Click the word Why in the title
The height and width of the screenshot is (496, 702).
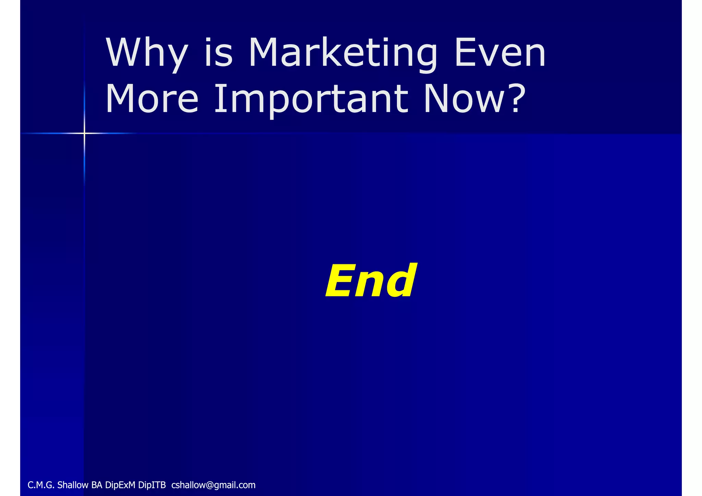147,53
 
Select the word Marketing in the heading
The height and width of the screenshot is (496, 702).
342,53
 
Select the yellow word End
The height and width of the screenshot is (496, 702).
371,281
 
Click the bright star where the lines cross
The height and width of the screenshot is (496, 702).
84,133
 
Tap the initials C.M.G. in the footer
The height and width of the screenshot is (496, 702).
41,485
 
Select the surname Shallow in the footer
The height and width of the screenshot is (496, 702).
73,485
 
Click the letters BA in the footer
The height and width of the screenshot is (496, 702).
97,485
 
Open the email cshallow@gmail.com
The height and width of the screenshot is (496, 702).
213,485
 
